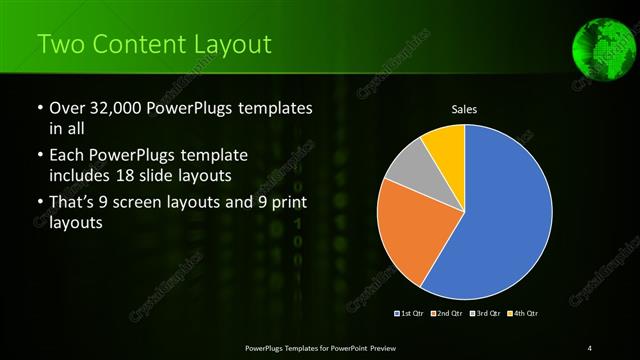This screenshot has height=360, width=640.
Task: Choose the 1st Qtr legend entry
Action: point(410,314)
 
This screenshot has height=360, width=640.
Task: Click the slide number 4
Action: point(590,347)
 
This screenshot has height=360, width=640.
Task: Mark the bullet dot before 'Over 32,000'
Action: point(39,108)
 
